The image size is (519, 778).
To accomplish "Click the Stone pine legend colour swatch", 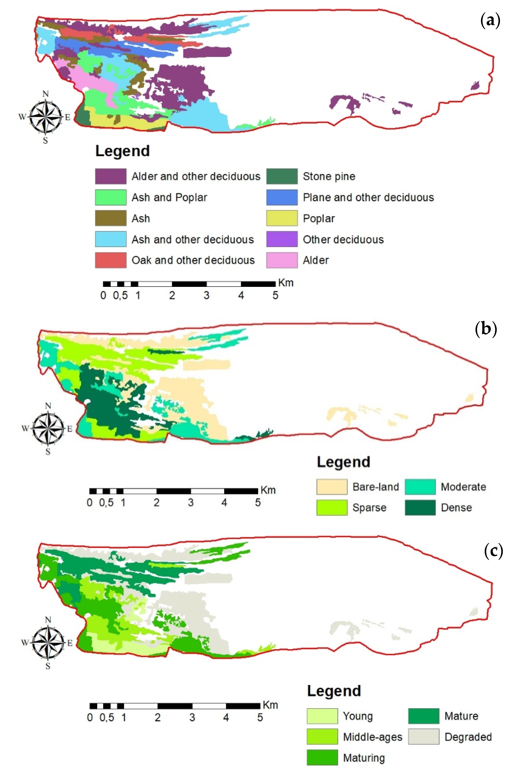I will [x=282, y=176].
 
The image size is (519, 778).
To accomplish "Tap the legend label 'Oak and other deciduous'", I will [x=193, y=260].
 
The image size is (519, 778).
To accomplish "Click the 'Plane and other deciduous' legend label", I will [x=368, y=197].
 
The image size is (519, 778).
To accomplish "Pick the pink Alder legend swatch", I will [x=282, y=260].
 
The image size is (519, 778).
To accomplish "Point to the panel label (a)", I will [x=490, y=21].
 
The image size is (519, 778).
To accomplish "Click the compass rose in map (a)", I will [x=45, y=117].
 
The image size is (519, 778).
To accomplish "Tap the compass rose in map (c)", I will [x=48, y=642].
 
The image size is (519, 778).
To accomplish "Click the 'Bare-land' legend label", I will [x=376, y=487].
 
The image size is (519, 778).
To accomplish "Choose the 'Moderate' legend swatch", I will [x=420, y=487].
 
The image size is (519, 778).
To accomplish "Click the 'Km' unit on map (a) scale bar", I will [x=286, y=283].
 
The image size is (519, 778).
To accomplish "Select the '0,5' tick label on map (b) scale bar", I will [x=106, y=503].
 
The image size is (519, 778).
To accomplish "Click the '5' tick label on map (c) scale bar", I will [x=260, y=717].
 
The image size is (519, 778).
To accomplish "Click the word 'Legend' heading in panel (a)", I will [x=122, y=151].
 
